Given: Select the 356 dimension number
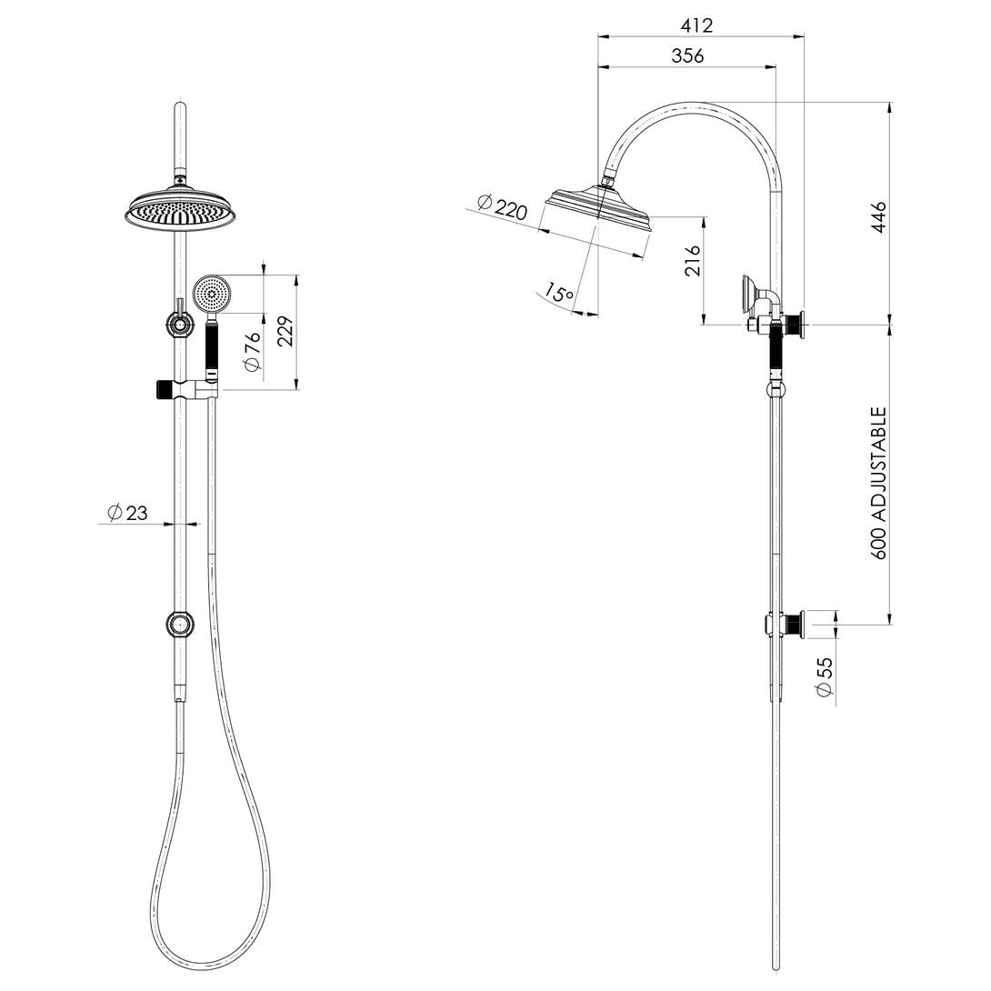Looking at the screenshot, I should point(687,55).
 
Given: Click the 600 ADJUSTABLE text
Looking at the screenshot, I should point(879,482).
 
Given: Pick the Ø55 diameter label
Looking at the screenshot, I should point(825,678).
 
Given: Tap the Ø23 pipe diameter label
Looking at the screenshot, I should point(127,514).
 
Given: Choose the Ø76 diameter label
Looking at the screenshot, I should point(252,352).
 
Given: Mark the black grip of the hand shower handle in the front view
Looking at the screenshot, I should point(212,345).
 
